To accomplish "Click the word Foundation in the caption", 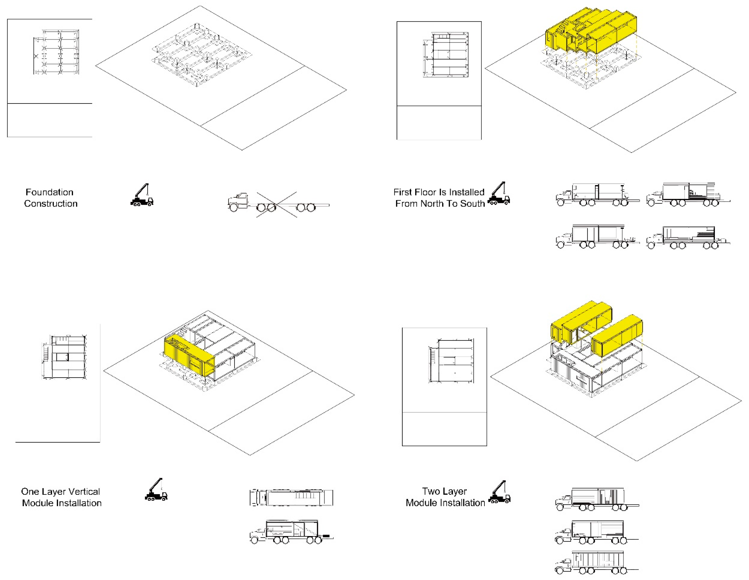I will tap(49, 192).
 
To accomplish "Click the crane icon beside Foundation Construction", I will tap(142, 195).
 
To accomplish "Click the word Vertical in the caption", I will tap(84, 491).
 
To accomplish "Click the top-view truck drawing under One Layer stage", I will tap(291, 498).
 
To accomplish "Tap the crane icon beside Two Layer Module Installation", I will tap(500, 493).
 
